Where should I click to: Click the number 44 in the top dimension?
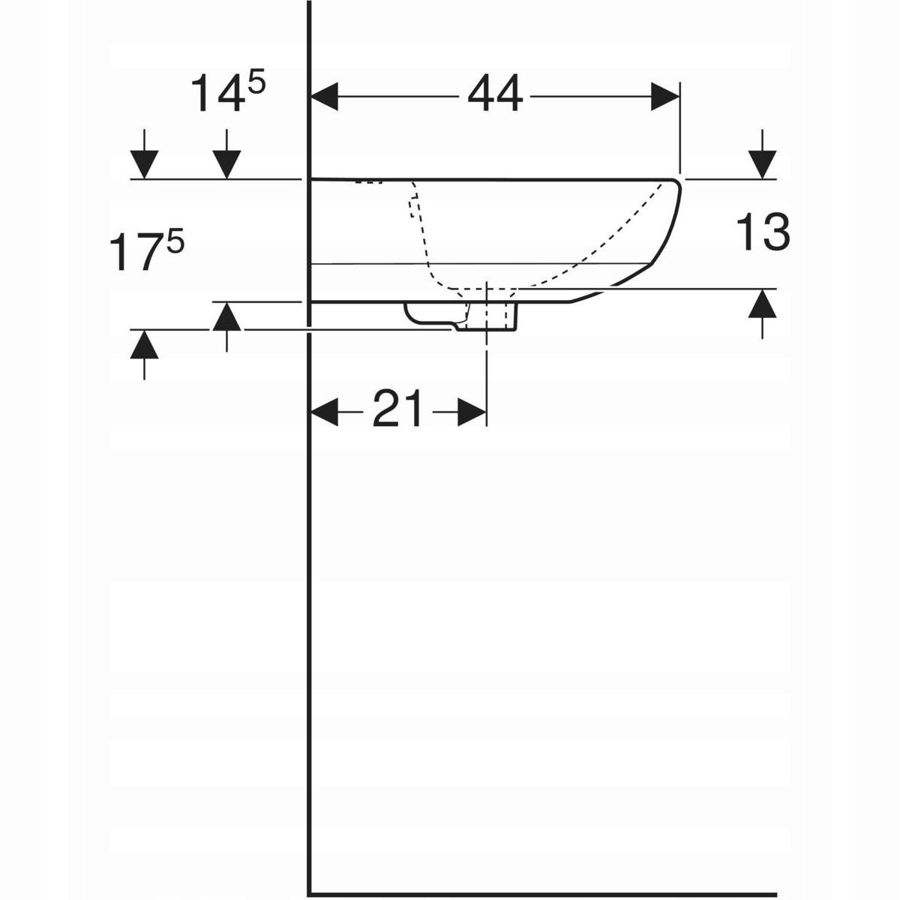tap(495, 96)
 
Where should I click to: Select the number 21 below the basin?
tap(397, 409)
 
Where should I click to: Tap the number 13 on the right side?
tap(763, 232)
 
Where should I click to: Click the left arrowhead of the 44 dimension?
tap(325, 97)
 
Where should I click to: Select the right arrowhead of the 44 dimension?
tap(665, 97)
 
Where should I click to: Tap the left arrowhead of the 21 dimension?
tap(325, 411)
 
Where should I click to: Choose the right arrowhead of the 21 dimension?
tap(472, 411)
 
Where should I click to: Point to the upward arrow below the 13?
tap(763, 304)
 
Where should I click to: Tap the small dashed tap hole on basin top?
tap(369, 182)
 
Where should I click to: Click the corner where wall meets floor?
tap(310, 893)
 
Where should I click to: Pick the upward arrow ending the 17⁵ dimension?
tap(145, 346)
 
